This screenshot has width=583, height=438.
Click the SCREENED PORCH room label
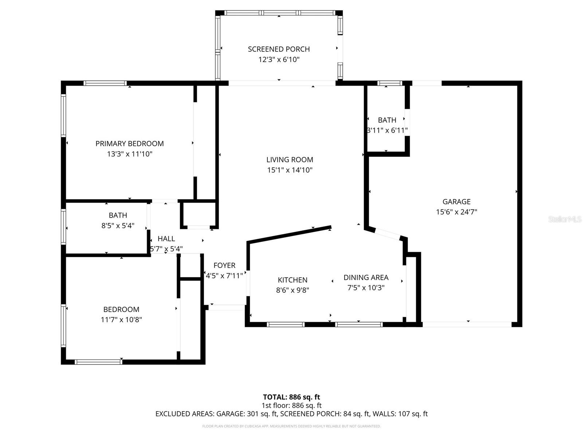(279, 49)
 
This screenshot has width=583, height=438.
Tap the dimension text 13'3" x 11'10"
(129, 154)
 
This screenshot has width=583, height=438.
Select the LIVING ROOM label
(290, 160)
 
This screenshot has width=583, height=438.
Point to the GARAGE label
(457, 201)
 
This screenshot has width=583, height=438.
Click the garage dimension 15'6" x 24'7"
(457, 212)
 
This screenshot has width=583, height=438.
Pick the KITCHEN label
(293, 280)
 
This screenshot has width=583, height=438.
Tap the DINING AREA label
(366, 277)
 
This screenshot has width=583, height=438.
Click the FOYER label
(224, 265)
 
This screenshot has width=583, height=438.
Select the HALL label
(166, 239)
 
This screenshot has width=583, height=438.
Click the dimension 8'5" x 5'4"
(118, 226)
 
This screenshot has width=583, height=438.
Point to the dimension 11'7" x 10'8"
(121, 320)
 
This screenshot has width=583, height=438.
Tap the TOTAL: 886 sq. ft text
(291, 397)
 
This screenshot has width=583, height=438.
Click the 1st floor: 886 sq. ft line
(291, 406)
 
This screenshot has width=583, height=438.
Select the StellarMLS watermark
(565, 219)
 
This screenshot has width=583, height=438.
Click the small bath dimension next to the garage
(387, 130)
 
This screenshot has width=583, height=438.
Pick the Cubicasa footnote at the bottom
(291, 426)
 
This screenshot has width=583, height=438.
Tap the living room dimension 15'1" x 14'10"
(290, 170)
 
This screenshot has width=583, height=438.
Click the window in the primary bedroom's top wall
(105, 83)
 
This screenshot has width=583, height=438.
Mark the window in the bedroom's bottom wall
(98, 362)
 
